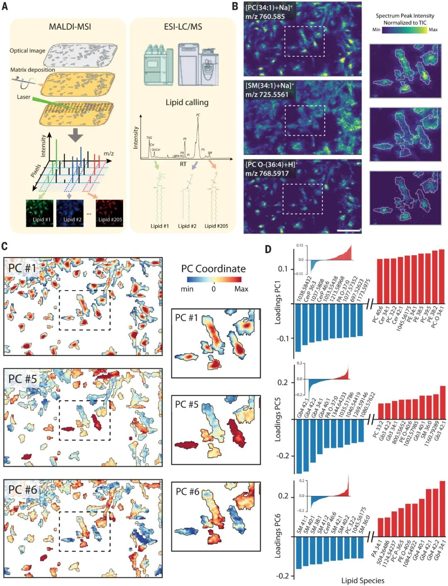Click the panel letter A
(x=5, y=6)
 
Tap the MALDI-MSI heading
(x=70, y=27)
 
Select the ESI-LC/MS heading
(x=183, y=27)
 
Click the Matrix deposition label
(x=32, y=70)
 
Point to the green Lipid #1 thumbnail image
(x=40, y=213)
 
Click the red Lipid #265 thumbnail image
(x=110, y=213)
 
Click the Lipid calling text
(x=187, y=102)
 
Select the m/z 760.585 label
(x=265, y=17)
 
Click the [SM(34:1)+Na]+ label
(x=269, y=86)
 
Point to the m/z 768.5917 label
(x=267, y=173)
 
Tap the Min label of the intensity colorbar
(x=376, y=30)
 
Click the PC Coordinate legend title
(x=213, y=269)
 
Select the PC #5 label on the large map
(x=23, y=379)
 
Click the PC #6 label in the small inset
(x=187, y=492)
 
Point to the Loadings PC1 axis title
(x=278, y=302)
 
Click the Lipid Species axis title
(x=363, y=581)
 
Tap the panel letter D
(x=268, y=249)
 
